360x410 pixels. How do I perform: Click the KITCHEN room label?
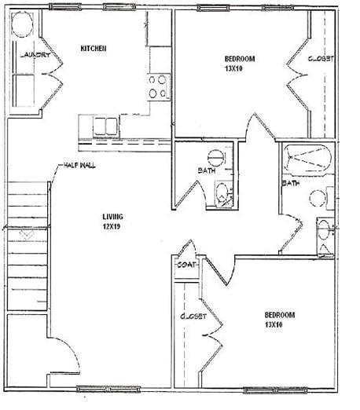(x=94, y=49)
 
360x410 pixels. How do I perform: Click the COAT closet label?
(x=186, y=264)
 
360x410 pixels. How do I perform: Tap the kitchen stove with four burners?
(x=158, y=85)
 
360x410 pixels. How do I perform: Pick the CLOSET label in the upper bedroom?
(x=321, y=59)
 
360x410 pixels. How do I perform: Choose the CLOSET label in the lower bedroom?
(x=193, y=317)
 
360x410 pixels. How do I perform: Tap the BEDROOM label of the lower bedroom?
(x=279, y=315)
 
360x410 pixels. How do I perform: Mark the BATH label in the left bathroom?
(x=206, y=170)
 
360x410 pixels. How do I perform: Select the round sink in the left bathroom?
(x=225, y=155)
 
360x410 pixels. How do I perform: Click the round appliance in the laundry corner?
(x=22, y=28)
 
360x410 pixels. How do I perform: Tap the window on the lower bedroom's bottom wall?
(x=270, y=390)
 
